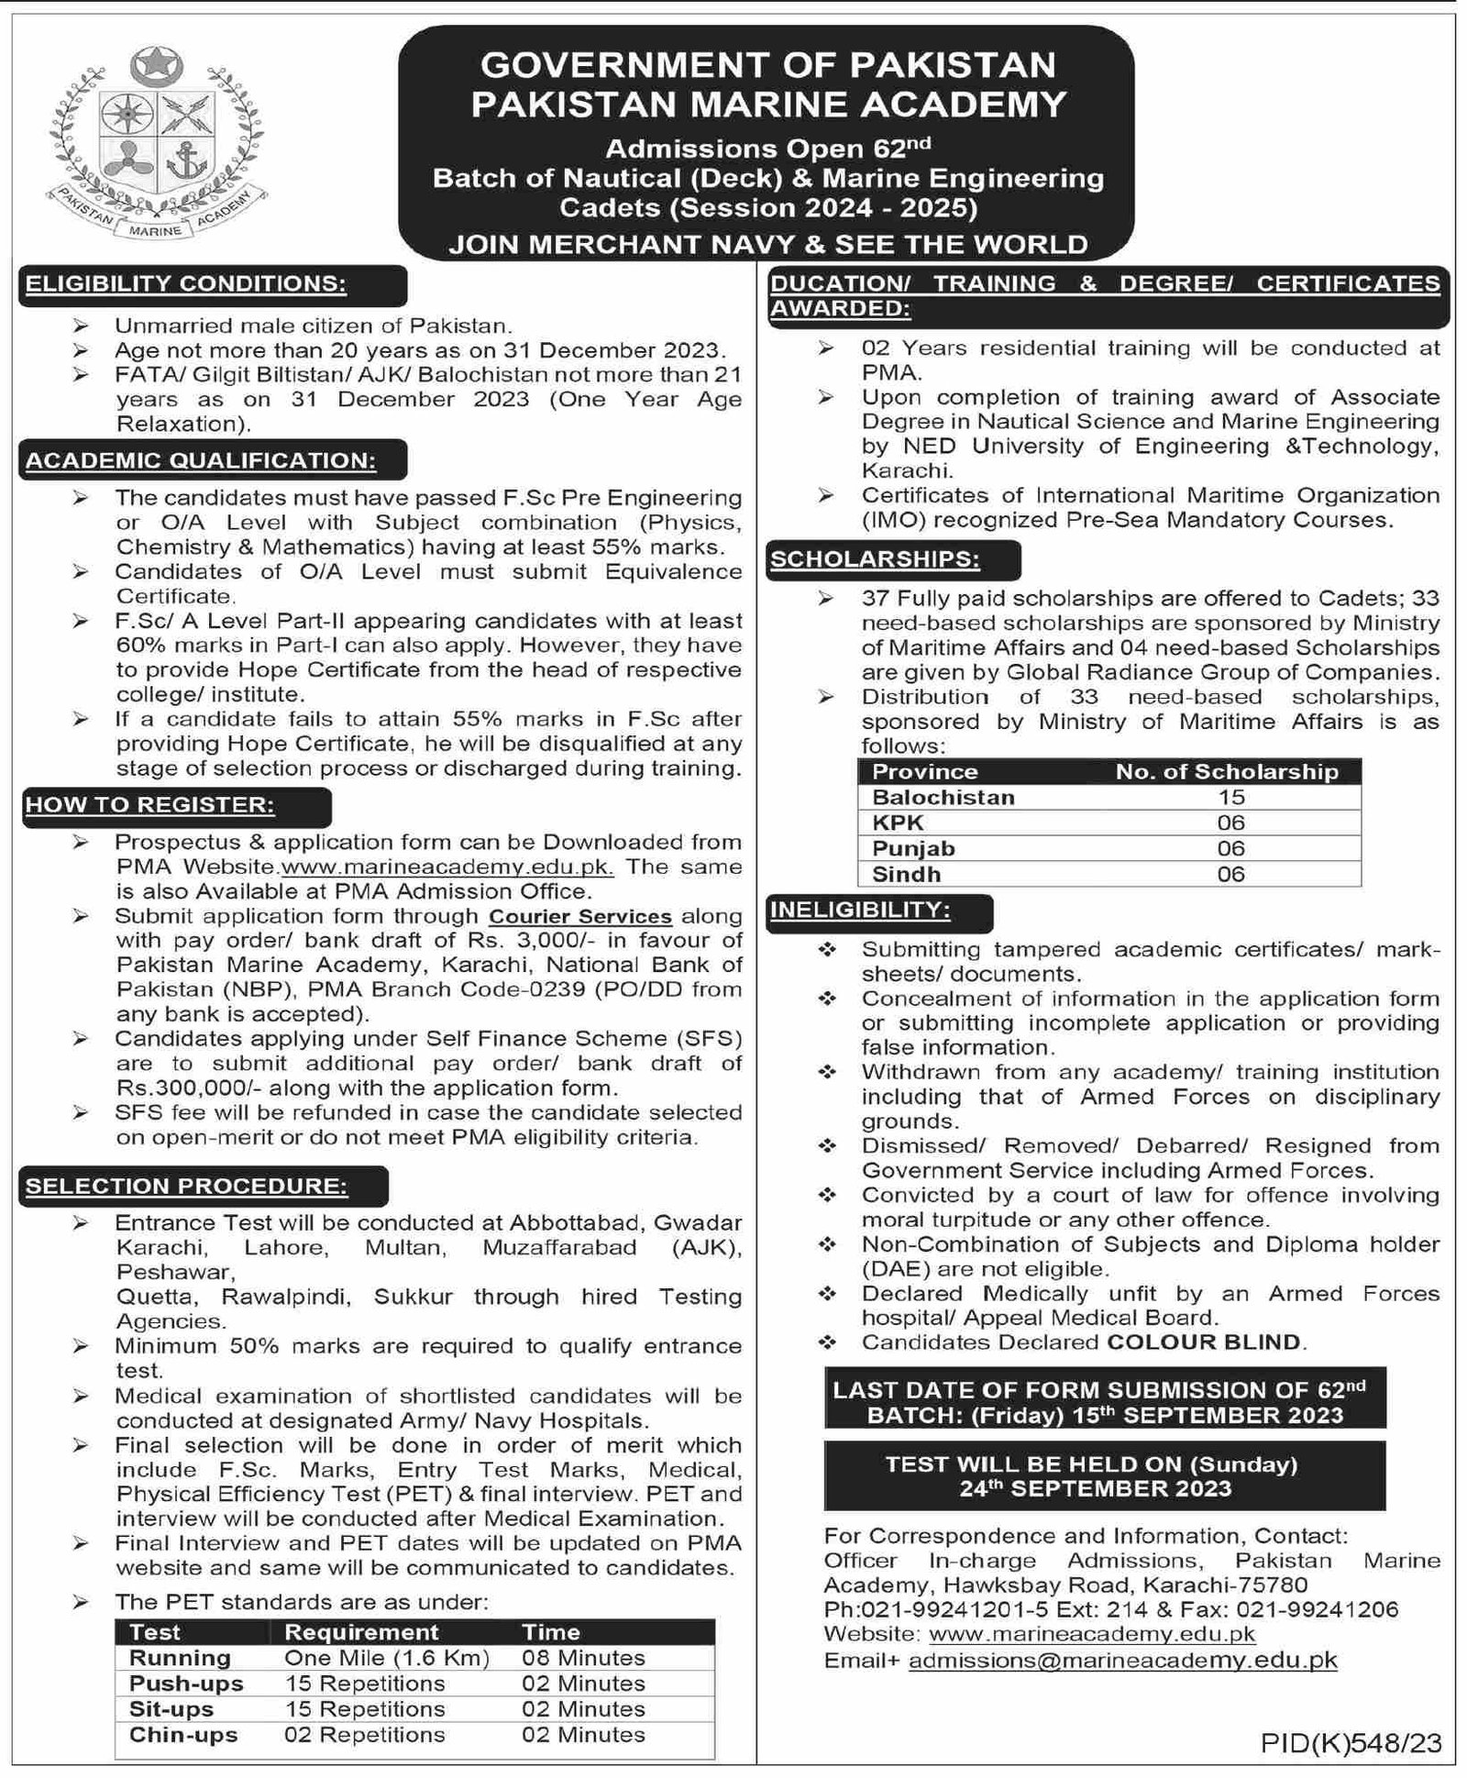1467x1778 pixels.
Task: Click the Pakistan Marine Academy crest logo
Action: click(x=156, y=144)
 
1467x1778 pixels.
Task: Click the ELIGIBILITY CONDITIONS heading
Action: click(x=186, y=283)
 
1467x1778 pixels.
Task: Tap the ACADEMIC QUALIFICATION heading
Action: click(x=201, y=460)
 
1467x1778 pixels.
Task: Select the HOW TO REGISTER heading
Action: click(x=150, y=805)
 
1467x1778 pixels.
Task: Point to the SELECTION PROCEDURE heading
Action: click(x=187, y=1186)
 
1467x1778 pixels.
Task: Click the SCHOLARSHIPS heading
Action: click(x=875, y=558)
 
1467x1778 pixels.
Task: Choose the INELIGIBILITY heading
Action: click(x=860, y=911)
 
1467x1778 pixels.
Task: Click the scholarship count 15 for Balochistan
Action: click(x=1230, y=797)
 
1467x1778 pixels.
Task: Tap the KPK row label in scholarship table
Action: click(x=898, y=823)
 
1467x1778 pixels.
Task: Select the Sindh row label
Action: click(x=906, y=874)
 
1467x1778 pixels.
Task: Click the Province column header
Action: click(x=924, y=771)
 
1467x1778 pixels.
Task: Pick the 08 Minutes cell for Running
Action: click(x=583, y=1658)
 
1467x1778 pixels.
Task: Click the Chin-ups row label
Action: click(x=183, y=1735)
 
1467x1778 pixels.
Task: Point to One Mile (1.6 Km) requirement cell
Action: click(x=387, y=1658)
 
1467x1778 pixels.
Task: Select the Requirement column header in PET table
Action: click(x=361, y=1632)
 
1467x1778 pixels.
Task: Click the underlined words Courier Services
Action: click(x=580, y=916)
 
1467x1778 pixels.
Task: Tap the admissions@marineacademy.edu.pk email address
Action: click(x=1122, y=1660)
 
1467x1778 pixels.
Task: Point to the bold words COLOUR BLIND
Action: click(x=1203, y=1342)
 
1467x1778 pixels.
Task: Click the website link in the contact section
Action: click(x=1091, y=1634)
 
